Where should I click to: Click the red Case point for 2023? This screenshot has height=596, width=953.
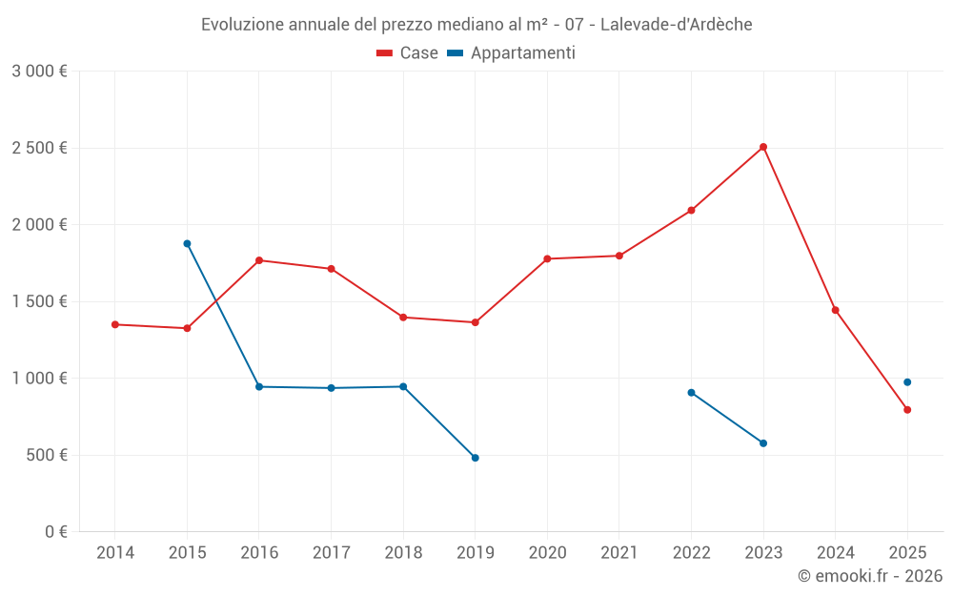point(763,147)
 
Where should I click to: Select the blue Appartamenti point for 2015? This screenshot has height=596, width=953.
point(187,243)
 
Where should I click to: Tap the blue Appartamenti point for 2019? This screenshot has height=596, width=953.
point(476,458)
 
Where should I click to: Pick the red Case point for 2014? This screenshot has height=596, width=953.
point(115,324)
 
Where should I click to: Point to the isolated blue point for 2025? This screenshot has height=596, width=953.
point(907,382)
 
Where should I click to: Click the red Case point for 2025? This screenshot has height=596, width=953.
point(907,410)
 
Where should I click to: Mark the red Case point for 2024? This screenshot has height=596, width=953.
point(836,310)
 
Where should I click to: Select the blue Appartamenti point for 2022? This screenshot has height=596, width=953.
point(691,393)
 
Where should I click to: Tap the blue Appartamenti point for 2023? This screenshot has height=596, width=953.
point(763,443)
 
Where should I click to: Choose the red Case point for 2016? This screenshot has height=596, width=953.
point(259,260)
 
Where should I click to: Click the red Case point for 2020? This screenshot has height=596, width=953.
point(547,258)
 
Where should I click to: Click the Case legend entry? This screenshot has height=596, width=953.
point(408,53)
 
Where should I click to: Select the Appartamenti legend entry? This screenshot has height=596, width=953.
point(512,53)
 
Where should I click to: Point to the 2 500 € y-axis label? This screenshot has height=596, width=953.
point(39,148)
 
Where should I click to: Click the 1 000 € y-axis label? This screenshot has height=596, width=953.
point(39,378)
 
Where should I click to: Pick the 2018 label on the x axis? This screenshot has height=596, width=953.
point(403,552)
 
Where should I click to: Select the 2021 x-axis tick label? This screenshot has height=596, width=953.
point(619,552)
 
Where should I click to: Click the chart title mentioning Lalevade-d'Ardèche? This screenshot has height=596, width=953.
point(476,25)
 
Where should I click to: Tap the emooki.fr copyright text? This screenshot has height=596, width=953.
point(870,576)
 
